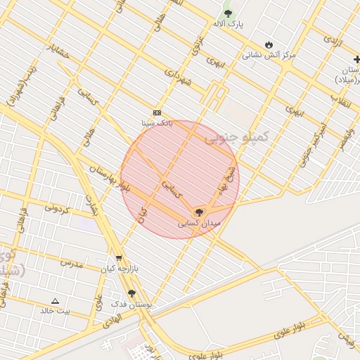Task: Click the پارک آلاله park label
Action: (229, 24)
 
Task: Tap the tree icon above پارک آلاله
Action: (227, 13)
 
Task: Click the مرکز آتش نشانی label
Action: (269, 54)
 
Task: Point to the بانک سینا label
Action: (156, 123)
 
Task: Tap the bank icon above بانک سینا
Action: (156, 112)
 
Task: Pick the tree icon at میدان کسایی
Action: (199, 212)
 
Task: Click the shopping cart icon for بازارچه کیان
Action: (118, 258)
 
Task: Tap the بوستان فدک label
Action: (132, 304)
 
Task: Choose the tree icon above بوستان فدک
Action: (131, 293)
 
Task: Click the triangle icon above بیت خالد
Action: (55, 300)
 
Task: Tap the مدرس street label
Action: (71, 262)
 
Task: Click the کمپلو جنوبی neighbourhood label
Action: (237, 137)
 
